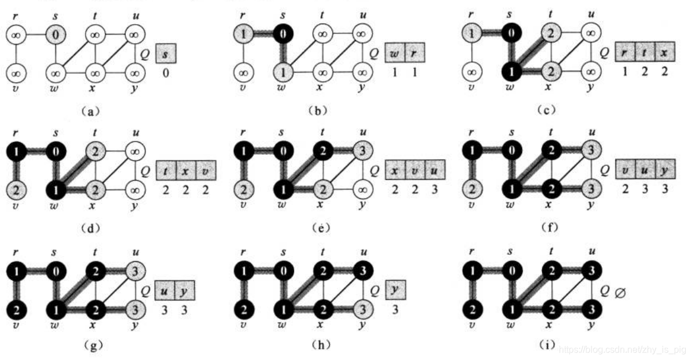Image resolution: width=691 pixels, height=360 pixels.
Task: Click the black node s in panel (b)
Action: click(284, 36)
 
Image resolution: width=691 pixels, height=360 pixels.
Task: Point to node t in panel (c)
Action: click(552, 36)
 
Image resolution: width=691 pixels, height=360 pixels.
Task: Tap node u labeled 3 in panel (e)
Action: click(362, 152)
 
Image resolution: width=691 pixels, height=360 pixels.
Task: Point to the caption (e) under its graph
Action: click(318, 228)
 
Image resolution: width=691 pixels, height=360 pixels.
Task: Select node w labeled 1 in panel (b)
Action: click(284, 73)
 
